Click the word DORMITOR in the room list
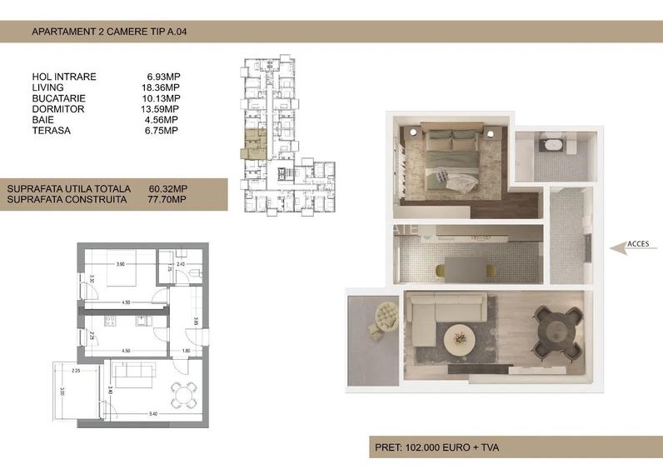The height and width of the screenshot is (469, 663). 57,109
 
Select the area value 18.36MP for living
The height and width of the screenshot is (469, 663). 162,87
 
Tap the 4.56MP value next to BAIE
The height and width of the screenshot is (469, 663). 162,120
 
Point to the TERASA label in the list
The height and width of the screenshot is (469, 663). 52,131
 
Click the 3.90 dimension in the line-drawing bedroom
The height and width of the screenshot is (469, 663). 120,264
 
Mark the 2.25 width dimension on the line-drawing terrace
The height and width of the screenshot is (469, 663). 76,370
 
